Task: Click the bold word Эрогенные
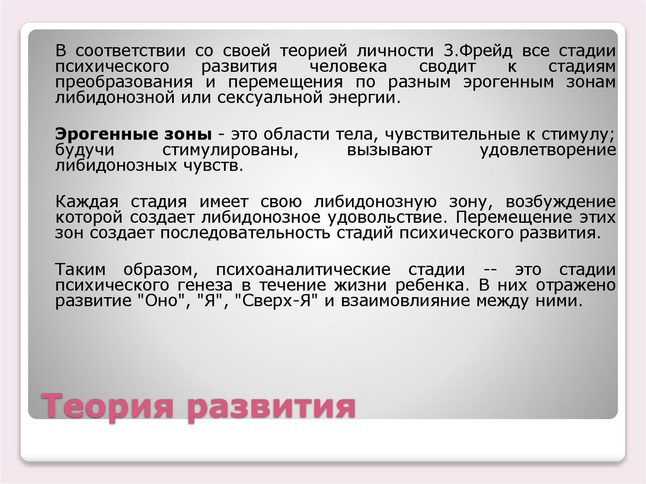95,134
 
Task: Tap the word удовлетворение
546,151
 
